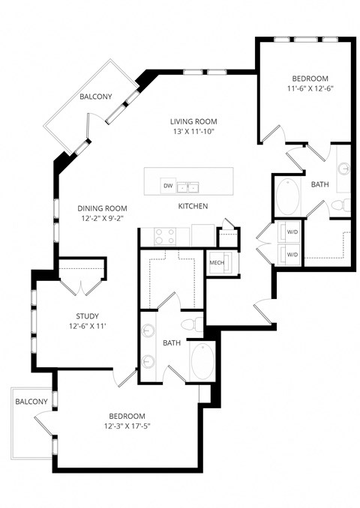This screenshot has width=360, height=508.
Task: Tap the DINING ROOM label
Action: pos(102,208)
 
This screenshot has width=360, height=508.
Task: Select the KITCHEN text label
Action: pos(193,206)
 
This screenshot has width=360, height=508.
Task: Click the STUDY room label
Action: pos(87,316)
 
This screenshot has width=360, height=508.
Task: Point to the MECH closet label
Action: pos(217,263)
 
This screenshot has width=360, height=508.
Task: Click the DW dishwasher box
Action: pos(168,186)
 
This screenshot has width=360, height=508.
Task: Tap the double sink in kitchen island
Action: pos(187,186)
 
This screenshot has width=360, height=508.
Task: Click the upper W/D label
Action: pos(292,231)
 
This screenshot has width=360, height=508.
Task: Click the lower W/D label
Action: pos(292,255)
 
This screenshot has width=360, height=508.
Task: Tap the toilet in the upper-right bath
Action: pos(339,205)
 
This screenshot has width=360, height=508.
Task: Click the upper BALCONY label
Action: pos(96,97)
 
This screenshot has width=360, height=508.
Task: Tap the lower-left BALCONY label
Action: pos(31,402)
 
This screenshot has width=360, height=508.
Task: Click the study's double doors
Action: pos(79,276)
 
